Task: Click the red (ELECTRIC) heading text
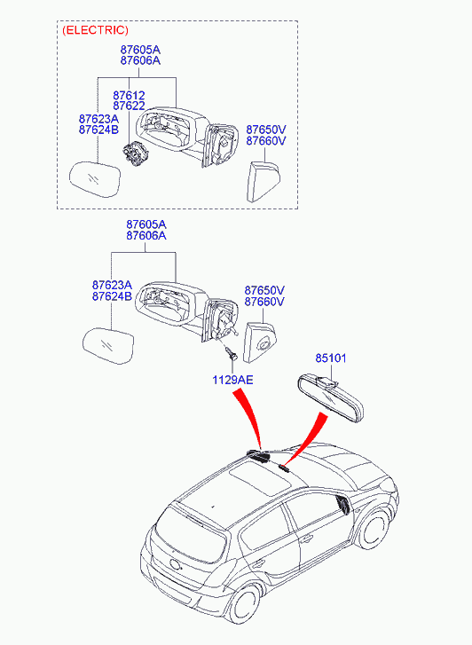pyautogui.click(x=95, y=30)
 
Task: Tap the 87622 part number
pyautogui.click(x=129, y=106)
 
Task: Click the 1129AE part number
pyautogui.click(x=232, y=380)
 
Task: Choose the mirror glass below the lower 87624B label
pyautogui.click(x=107, y=343)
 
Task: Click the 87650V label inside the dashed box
pyautogui.click(x=265, y=129)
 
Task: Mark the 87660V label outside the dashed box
pyautogui.click(x=264, y=302)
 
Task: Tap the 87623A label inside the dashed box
pyautogui.click(x=98, y=118)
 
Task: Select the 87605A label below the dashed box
pyautogui.click(x=146, y=224)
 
